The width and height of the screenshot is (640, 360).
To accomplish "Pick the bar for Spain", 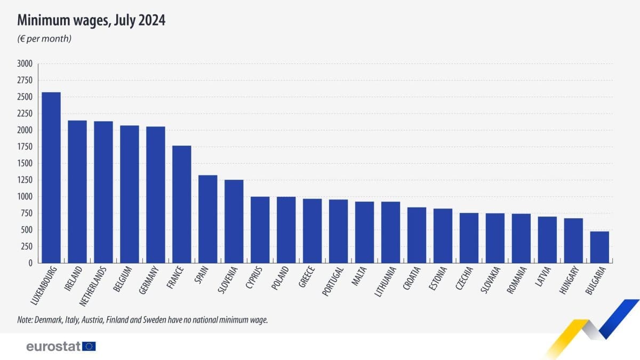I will (208, 219).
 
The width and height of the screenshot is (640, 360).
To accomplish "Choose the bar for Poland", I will (286, 230).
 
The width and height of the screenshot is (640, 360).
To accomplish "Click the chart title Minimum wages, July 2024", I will (91, 21).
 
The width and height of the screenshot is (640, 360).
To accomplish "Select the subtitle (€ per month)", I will (45, 39).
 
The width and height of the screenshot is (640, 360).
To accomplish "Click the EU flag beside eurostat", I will (89, 347).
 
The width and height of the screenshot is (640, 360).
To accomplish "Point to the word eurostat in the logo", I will (53, 347).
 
